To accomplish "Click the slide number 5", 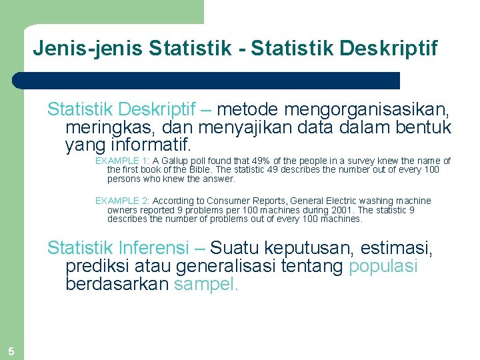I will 11,351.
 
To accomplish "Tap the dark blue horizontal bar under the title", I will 207,81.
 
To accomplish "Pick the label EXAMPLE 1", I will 121,161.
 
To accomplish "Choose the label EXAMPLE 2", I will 121,201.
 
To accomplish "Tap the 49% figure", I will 264,161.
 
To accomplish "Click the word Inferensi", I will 156,249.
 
